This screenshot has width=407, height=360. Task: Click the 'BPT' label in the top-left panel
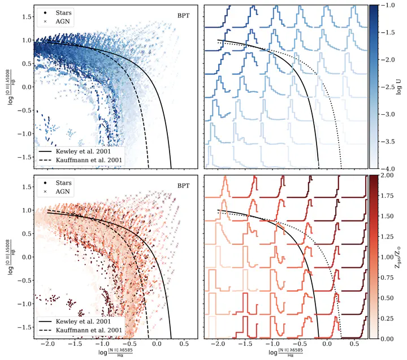183,15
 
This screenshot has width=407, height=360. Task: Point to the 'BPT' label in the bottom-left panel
183,185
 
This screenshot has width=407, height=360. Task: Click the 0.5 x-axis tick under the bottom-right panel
354,344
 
